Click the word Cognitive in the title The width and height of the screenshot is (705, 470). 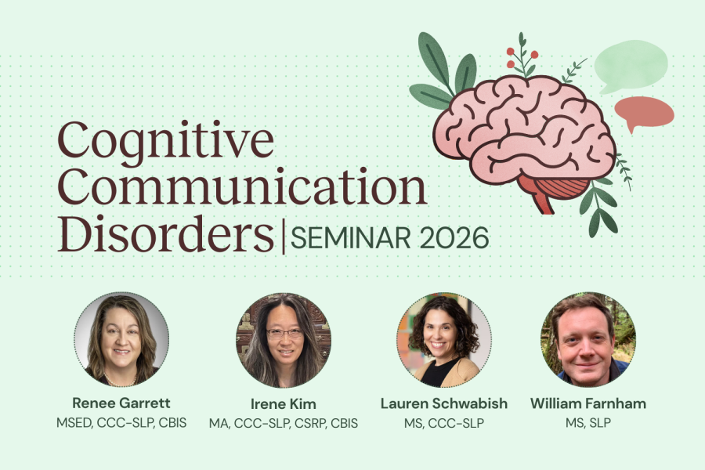click(165, 140)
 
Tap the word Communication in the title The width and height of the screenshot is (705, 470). click(242, 186)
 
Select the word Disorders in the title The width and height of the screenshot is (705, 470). click(165, 233)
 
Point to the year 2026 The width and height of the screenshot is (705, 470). click(454, 238)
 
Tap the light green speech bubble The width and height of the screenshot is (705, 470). click(631, 66)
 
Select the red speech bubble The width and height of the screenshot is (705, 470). click(644, 112)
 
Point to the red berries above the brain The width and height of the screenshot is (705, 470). click(522, 57)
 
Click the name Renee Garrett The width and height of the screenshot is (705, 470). click(121, 403)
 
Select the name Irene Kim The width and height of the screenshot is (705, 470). click(284, 404)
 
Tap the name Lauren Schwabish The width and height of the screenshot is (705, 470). click(444, 403)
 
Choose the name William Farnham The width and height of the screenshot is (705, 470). click(588, 403)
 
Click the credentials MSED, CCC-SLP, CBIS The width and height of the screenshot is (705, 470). click(121, 423)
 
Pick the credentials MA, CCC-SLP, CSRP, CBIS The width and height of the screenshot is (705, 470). click(284, 423)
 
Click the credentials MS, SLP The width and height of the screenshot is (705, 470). click(588, 423)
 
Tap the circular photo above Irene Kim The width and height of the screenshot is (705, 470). click(284, 340)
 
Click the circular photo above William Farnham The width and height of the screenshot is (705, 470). click(588, 339)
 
